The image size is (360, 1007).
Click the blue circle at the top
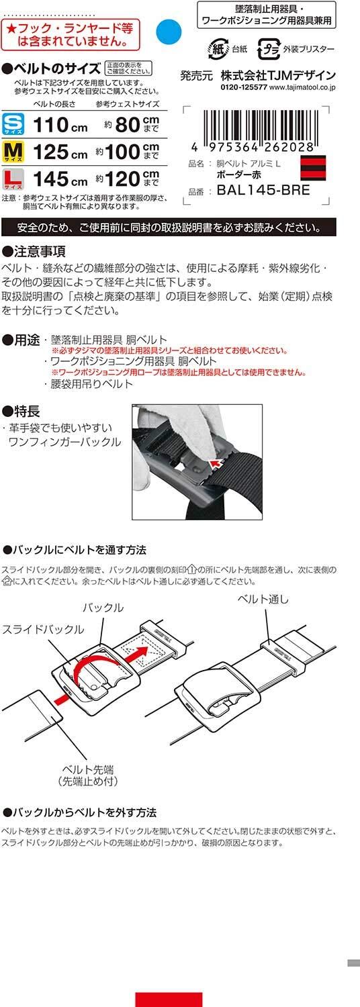(169, 32)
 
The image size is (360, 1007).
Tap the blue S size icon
(13, 124)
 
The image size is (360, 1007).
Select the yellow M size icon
(13, 152)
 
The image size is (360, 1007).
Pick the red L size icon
(13, 179)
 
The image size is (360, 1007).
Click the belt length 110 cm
(60, 125)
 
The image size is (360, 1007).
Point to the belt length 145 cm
(60, 179)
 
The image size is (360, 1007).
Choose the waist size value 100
(122, 152)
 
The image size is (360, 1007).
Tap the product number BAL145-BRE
(263, 190)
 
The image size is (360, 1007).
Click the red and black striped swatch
(313, 168)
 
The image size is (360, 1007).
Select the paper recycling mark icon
(218, 49)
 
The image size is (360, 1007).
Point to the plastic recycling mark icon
(268, 49)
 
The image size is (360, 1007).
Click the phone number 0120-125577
(243, 88)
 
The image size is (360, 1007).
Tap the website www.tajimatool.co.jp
(302, 88)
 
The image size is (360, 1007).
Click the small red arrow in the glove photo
(218, 463)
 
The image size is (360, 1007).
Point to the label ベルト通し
(263, 599)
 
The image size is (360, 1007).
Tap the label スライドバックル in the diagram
(43, 629)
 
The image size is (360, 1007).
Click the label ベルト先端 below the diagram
(88, 769)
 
